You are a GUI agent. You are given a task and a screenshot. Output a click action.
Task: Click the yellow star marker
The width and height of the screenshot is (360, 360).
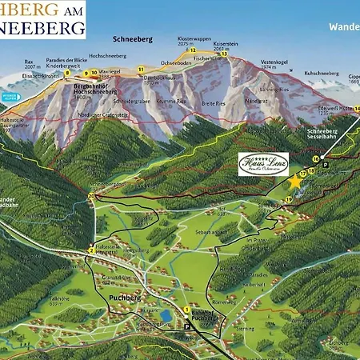point(294,182)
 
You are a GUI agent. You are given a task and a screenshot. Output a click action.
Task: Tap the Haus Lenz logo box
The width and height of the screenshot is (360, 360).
point(263,164)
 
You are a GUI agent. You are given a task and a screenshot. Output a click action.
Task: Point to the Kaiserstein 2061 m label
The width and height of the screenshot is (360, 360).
point(226,47)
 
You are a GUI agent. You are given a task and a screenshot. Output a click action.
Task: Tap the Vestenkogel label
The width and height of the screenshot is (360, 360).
point(274,64)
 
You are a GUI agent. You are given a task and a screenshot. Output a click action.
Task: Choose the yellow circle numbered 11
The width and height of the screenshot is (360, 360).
point(141,70)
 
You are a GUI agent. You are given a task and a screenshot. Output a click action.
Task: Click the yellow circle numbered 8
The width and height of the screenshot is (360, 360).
point(67,73)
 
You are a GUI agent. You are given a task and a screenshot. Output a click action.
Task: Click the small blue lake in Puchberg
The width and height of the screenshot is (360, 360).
point(166,315)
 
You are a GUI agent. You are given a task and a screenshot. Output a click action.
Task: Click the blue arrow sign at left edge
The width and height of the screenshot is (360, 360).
point(10,98)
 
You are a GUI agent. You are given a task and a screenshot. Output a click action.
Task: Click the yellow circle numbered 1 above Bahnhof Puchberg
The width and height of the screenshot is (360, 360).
point(186,310)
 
